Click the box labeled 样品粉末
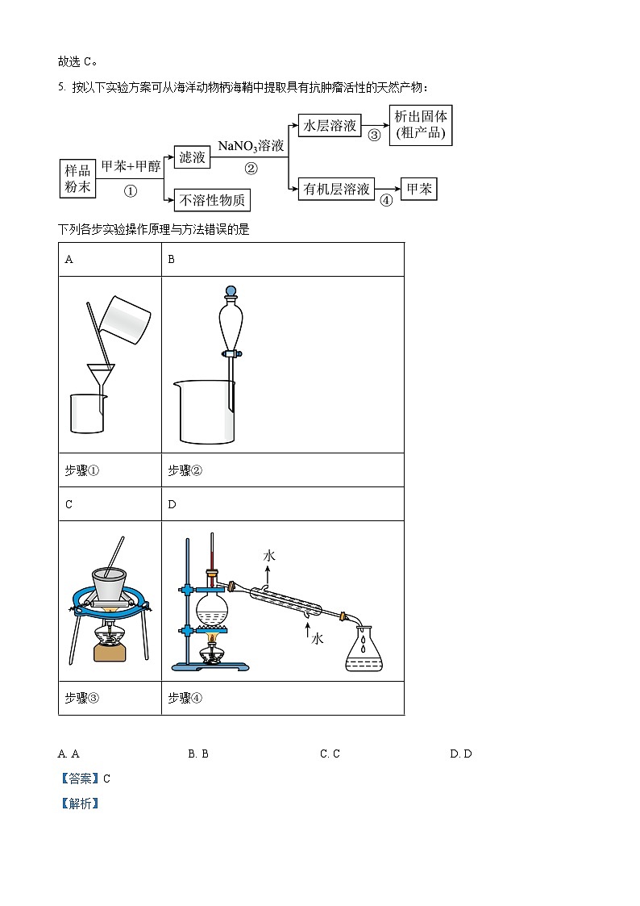[78, 178]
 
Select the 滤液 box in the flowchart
[192, 157]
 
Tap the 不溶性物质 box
[211, 199]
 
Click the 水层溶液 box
[328, 125]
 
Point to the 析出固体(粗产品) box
[420, 125]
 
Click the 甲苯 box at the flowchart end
[418, 190]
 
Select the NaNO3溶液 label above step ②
[251, 146]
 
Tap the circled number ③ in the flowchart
[374, 136]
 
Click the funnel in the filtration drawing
[100, 376]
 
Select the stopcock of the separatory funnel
[231, 353]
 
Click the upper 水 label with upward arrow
[268, 556]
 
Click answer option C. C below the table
[330, 754]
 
